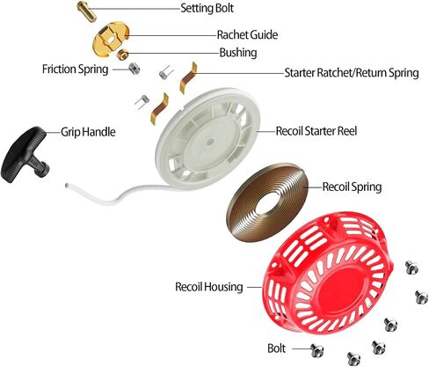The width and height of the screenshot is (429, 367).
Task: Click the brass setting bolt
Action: click(87, 11)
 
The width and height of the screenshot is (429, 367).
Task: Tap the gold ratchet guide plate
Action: click(112, 39)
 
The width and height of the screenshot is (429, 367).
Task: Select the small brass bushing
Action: click(122, 55)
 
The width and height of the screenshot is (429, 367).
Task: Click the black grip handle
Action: click(25, 154)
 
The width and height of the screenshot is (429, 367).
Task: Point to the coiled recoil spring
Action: click(267, 202)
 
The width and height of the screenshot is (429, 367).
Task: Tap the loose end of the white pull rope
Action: click(68, 186)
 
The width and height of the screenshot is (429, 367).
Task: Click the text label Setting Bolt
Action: click(207, 8)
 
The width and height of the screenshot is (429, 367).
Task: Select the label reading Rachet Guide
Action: click(247, 35)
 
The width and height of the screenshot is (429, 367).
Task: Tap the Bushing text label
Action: click(238, 53)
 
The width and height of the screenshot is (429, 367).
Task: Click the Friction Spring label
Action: click(76, 70)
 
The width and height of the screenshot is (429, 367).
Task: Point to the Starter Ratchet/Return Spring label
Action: click(352, 73)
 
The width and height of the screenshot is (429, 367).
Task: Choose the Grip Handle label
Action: click(88, 132)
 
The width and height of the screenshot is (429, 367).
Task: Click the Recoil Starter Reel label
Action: click(316, 131)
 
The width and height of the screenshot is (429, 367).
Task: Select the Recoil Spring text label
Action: click(352, 187)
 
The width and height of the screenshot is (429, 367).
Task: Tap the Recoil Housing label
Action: click(209, 287)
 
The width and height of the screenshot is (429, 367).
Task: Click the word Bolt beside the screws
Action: click(276, 349)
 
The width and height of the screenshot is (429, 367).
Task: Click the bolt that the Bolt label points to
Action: click(317, 350)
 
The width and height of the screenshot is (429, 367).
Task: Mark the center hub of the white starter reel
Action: click(209, 143)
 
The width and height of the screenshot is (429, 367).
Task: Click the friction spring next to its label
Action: click(135, 70)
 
